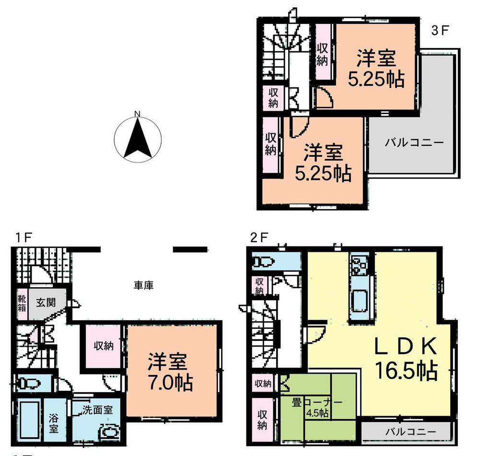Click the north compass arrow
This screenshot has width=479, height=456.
click(138, 139)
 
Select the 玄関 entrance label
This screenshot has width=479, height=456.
click(46, 303)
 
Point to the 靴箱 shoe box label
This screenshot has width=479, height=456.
click(22, 303)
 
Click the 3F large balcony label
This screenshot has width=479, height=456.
click(414, 142)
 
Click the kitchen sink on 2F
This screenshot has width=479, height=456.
click(359, 302)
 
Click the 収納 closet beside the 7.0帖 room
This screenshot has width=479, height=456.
click(103, 345)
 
